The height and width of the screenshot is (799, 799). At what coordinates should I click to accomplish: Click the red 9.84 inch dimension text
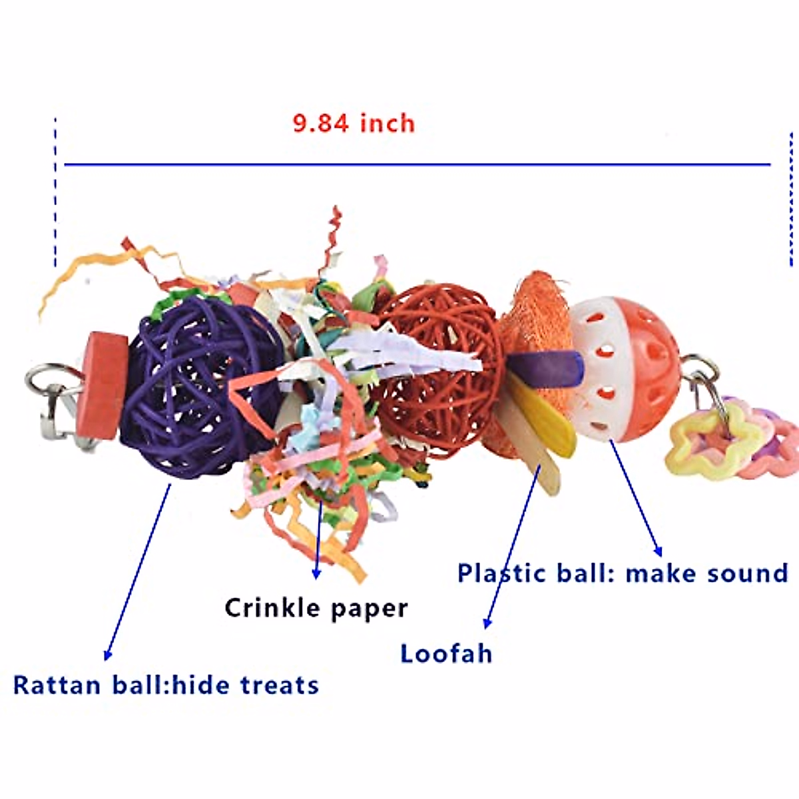tap(354, 123)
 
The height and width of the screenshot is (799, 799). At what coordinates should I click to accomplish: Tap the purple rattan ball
tap(200, 386)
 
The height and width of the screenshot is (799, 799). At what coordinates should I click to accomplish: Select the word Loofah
tap(446, 654)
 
